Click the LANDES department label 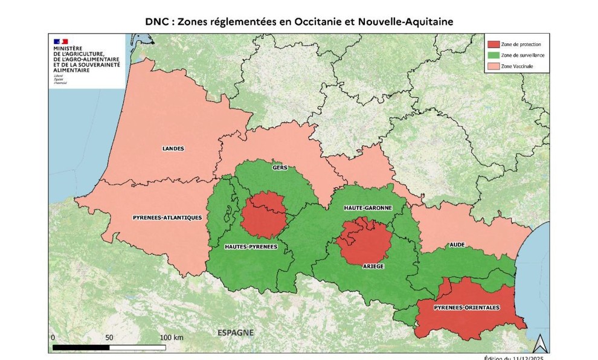click(173, 148)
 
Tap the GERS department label click(280, 168)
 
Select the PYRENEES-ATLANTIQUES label click(167, 217)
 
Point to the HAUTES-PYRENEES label click(251, 246)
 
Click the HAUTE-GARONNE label click(368, 208)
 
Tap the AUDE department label click(457, 245)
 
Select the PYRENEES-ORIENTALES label click(467, 307)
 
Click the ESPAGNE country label click(236, 333)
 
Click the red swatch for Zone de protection click(494, 44)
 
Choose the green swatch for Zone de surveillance click(494, 55)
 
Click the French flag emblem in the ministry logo click(60, 42)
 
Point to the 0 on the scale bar click(53, 337)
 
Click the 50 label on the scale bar click(109, 337)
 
